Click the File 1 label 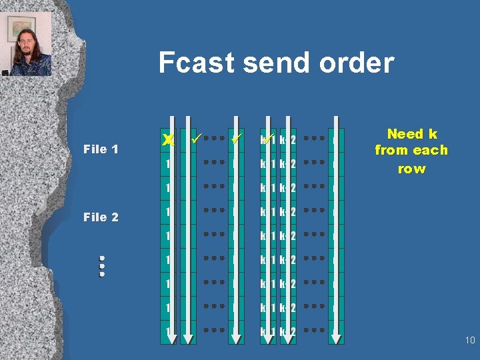101,149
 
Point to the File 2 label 101,217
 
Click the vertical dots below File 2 102,266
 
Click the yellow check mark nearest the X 195,139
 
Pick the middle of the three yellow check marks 235,139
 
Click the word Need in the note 405,135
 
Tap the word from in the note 390,151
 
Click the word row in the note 411,168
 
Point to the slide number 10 469,341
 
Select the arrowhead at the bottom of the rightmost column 338,339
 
